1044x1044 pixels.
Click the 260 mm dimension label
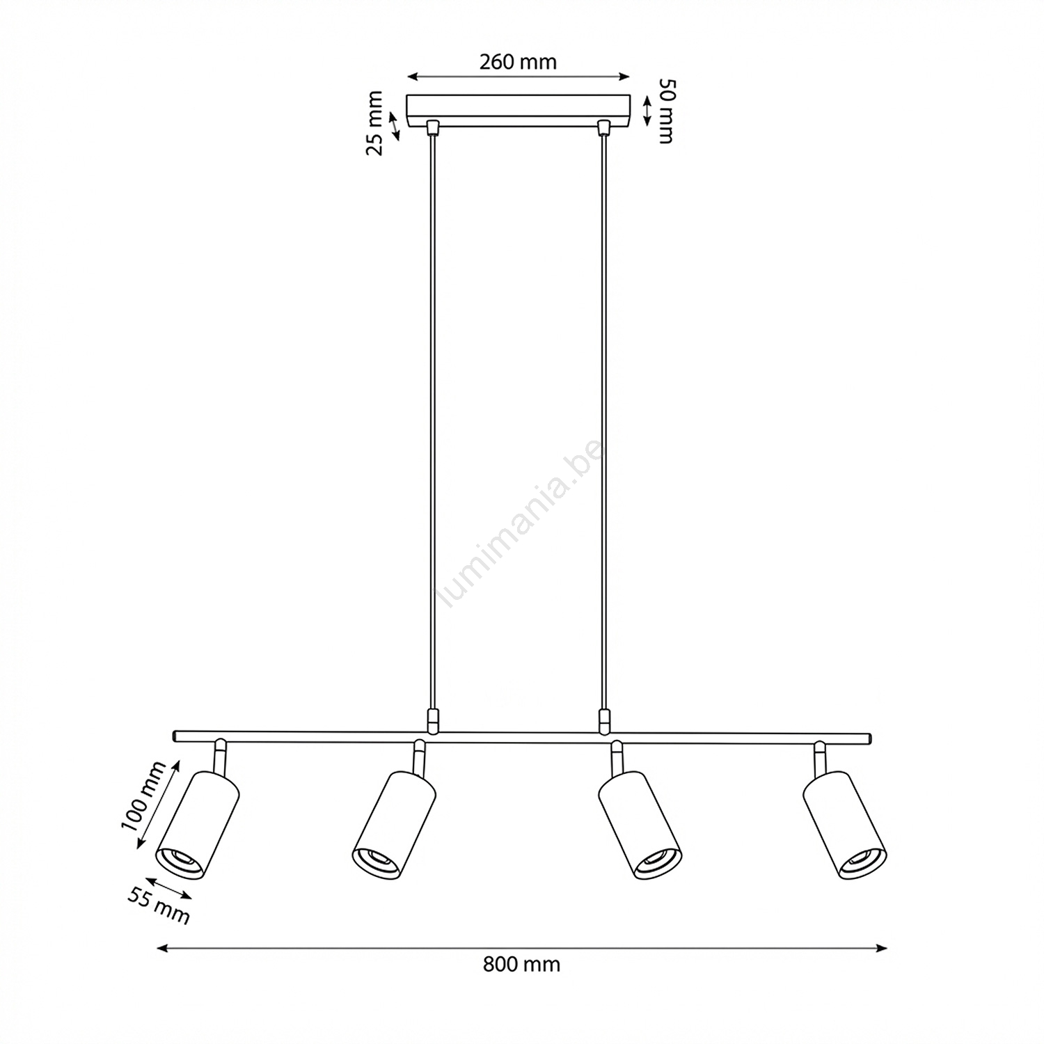point(518,62)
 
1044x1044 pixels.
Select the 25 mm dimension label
point(375,123)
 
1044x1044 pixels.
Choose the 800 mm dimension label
point(521,964)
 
